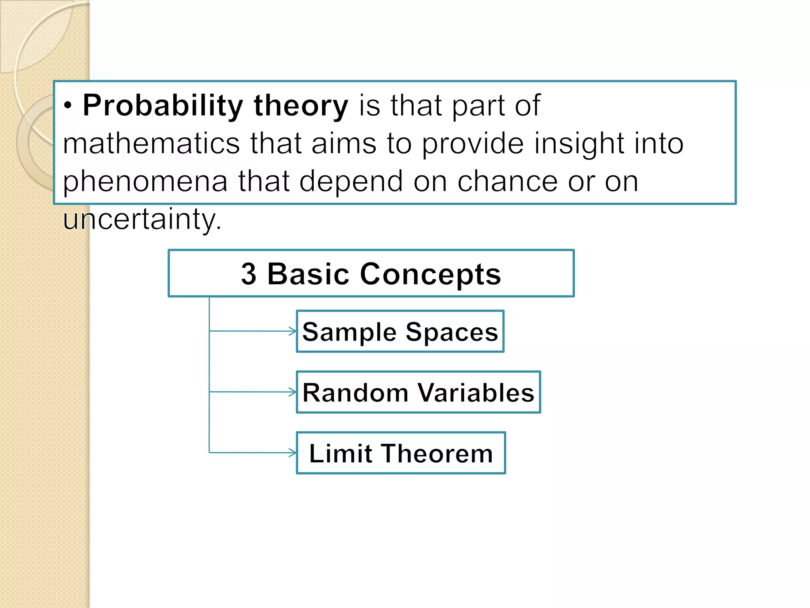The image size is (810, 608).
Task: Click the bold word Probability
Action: tap(163, 106)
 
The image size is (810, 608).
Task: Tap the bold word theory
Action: tap(301, 106)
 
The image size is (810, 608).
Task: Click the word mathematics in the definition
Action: tap(151, 143)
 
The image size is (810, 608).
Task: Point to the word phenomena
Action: tap(145, 181)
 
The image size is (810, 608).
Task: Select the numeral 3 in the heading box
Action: tap(249, 274)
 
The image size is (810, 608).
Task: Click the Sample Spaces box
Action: tap(400, 331)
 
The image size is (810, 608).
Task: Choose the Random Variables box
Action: tap(418, 392)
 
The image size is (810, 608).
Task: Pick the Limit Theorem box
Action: tap(401, 453)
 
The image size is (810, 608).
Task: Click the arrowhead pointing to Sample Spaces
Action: tap(293, 331)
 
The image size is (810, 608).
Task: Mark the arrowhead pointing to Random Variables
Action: tap(293, 392)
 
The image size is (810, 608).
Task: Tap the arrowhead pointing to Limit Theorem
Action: tap(293, 452)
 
